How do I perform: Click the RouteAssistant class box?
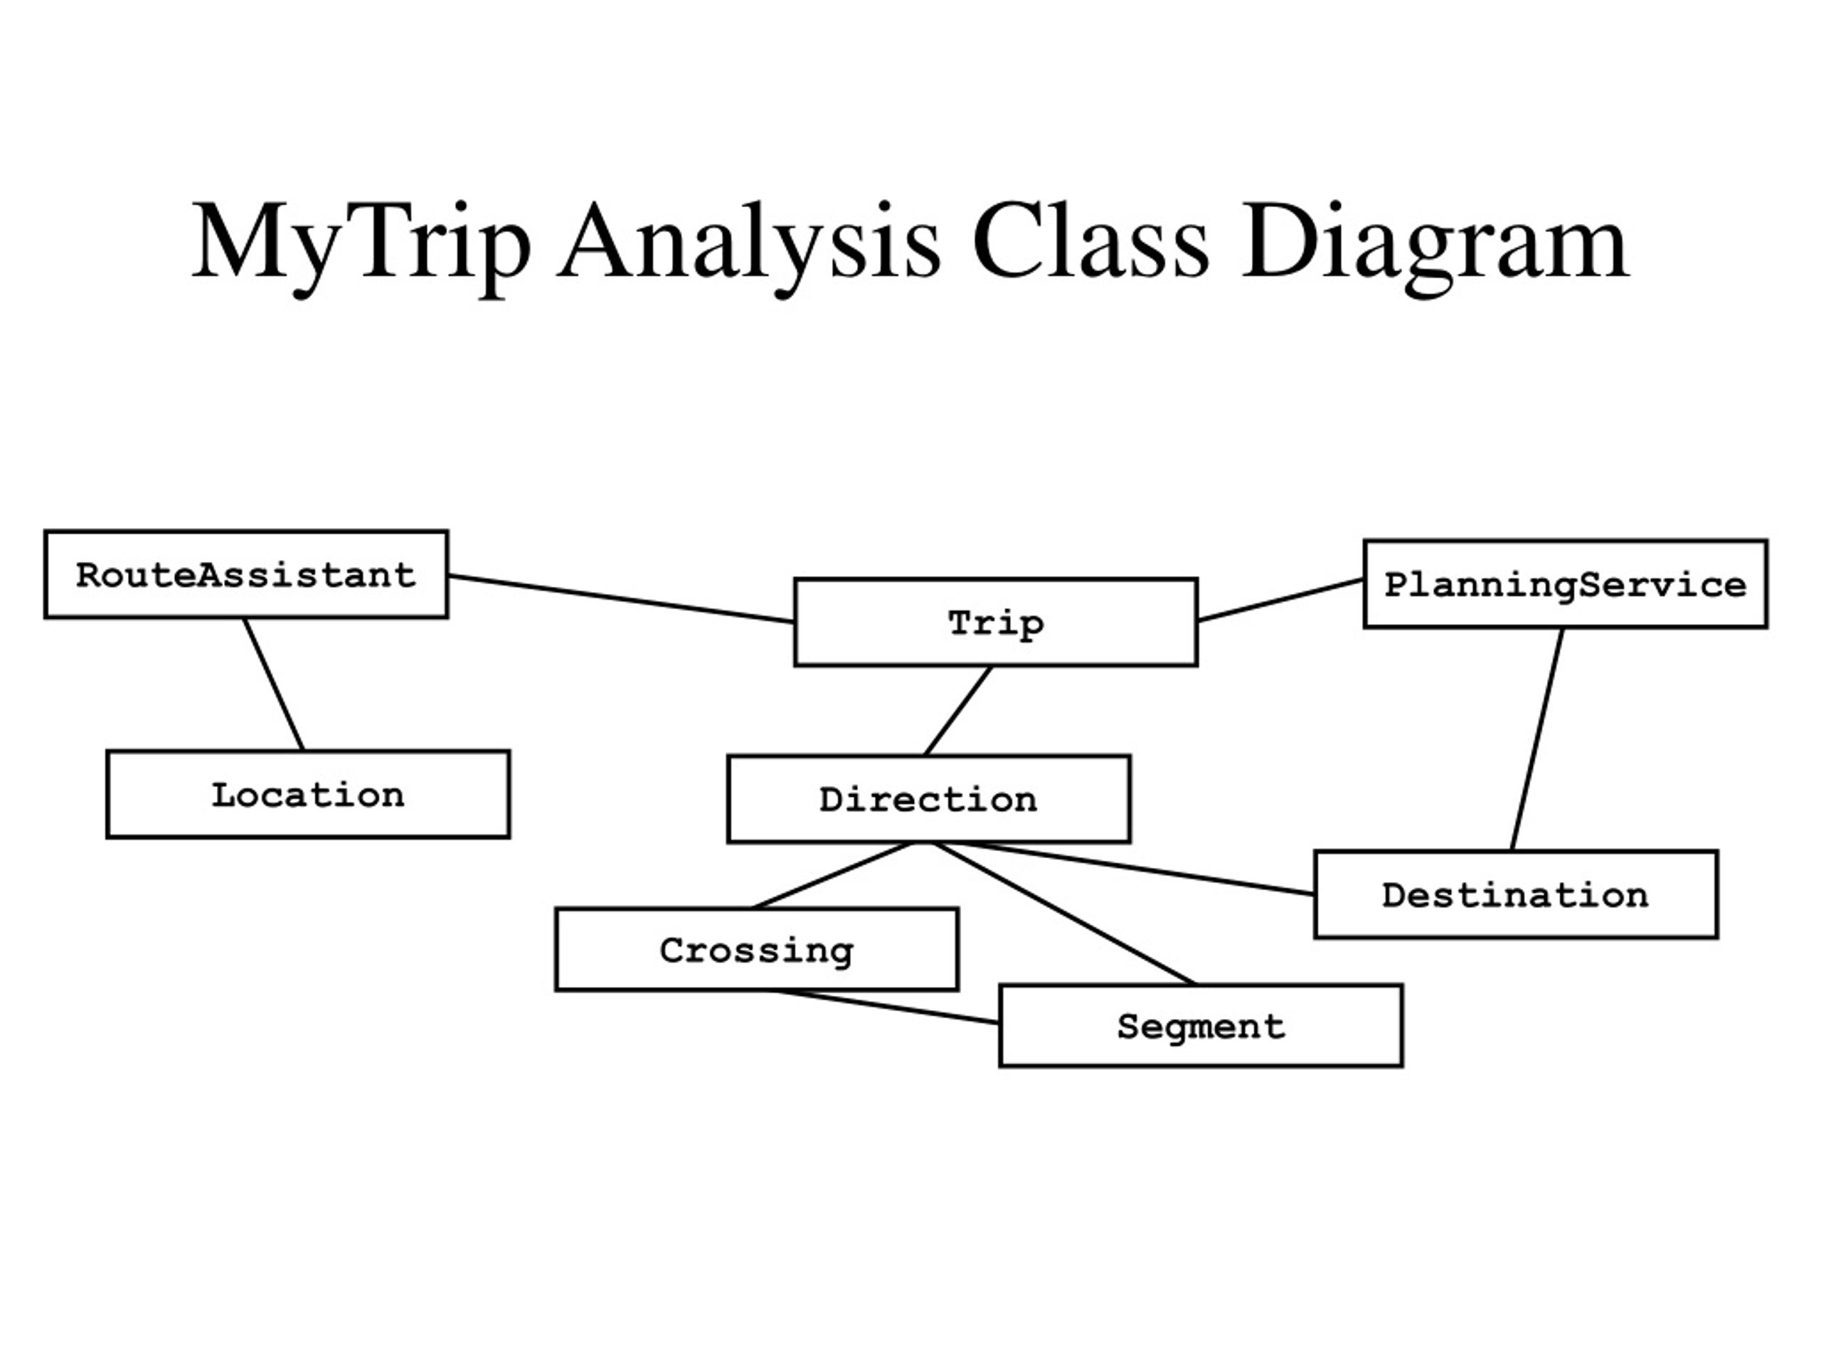(246, 574)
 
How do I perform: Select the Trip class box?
(995, 622)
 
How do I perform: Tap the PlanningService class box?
(1565, 584)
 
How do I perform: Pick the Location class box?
(308, 795)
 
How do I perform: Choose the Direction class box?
(928, 799)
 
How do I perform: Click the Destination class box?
(1516, 894)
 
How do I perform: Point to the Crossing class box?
(757, 949)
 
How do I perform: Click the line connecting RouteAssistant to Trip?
(622, 598)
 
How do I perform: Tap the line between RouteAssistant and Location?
(273, 684)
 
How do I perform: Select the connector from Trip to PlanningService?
(1281, 600)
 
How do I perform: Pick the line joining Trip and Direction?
(957, 711)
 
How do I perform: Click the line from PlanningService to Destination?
(1537, 739)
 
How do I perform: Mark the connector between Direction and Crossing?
(833, 875)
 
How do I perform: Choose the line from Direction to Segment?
(1063, 913)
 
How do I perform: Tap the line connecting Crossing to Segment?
(884, 1007)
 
